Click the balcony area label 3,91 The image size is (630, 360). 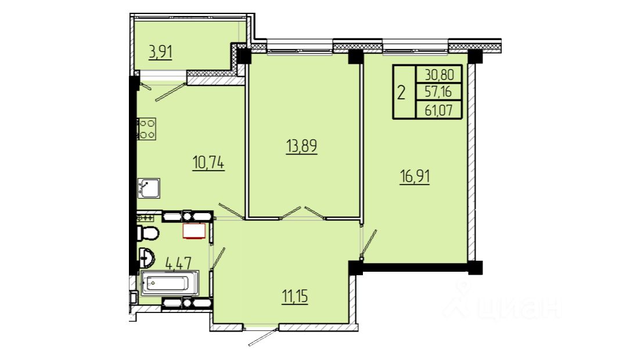click(x=160, y=52)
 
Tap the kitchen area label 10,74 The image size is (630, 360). click(x=208, y=163)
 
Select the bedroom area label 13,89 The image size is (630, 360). click(x=301, y=146)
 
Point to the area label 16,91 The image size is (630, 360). click(x=415, y=177)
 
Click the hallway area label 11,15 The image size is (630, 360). click(x=295, y=297)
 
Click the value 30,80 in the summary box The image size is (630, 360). click(x=439, y=75)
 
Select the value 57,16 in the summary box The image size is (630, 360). click(x=438, y=92)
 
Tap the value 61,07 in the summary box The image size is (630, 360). click(x=438, y=110)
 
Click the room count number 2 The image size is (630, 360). click(x=401, y=93)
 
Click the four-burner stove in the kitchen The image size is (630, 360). click(x=146, y=129)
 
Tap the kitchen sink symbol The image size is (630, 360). click(x=149, y=188)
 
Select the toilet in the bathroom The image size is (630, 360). click(x=147, y=233)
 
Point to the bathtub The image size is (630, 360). click(x=170, y=283)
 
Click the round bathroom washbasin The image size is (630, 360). click(x=146, y=257)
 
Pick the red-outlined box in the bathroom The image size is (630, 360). click(x=195, y=231)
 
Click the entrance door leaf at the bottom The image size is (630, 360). click(x=263, y=337)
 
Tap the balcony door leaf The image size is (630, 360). click(x=171, y=92)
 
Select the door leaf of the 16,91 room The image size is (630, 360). click(x=369, y=242)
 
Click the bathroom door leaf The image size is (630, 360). click(x=218, y=258)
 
